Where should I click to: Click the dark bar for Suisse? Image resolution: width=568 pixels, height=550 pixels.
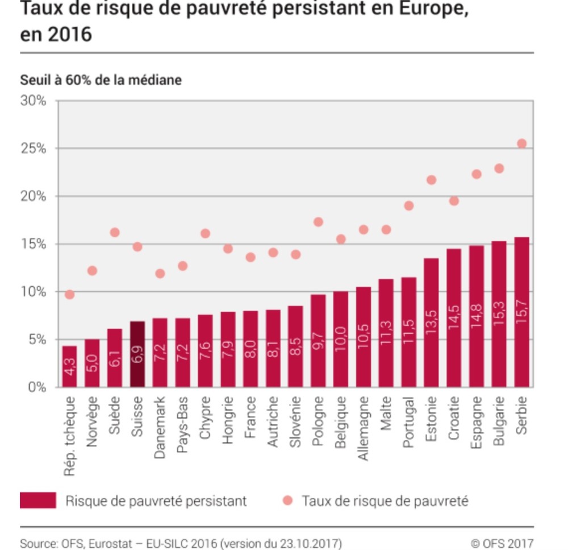point(137,354)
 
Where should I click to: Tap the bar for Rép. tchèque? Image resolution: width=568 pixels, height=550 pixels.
point(69,366)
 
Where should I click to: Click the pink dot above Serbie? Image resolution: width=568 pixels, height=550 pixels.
point(522,143)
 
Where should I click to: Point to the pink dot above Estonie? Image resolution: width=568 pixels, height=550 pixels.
point(431,180)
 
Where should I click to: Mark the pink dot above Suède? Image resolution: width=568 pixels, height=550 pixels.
point(115,232)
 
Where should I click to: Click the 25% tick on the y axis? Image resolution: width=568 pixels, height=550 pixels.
point(34,148)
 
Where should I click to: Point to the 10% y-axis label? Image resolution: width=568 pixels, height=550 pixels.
point(34,292)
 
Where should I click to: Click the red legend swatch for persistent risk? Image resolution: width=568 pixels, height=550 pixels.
point(37,501)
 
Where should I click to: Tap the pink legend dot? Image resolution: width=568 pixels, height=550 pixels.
point(287,501)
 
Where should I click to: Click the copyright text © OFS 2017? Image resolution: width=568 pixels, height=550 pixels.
point(502,543)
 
